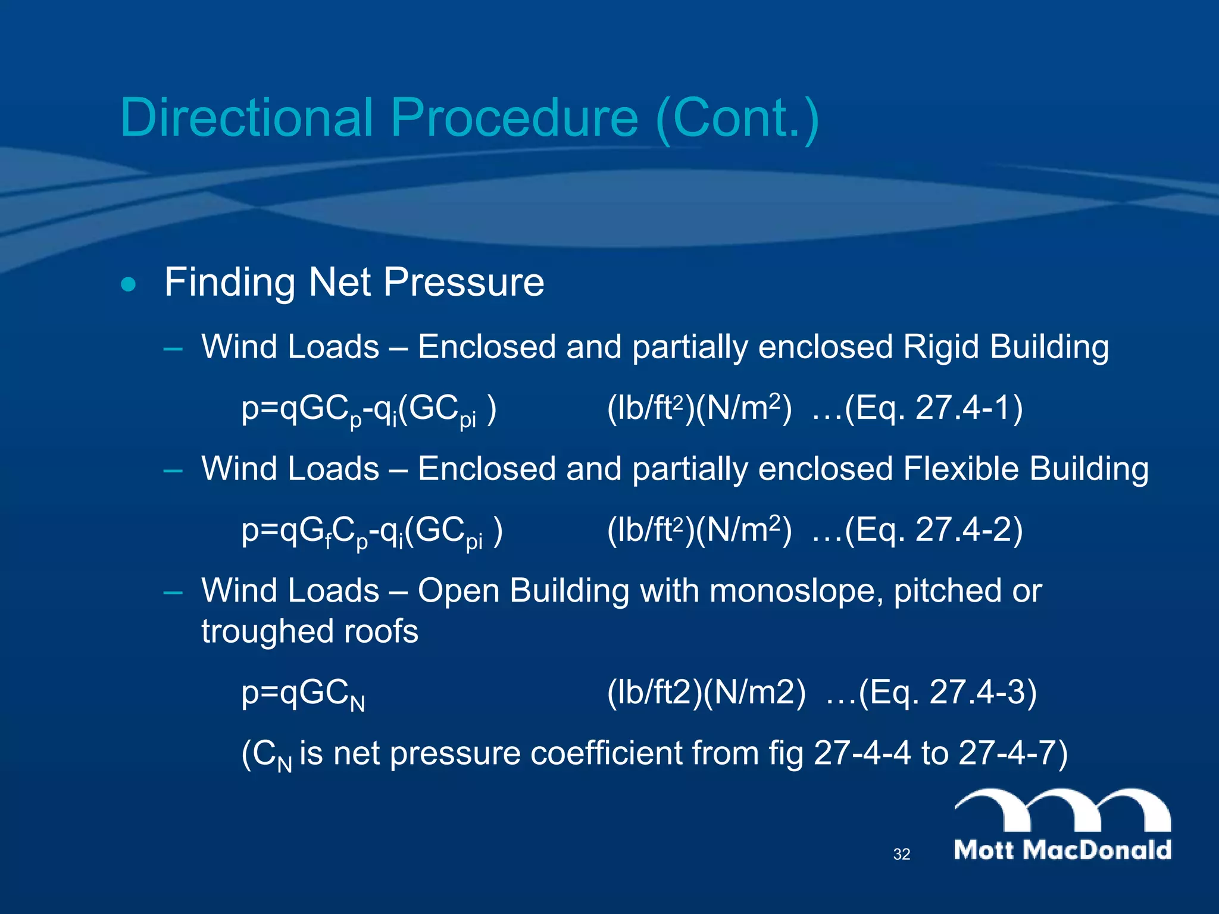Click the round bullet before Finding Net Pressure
pyautogui.click(x=128, y=284)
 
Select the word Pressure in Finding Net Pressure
pyautogui.click(x=464, y=282)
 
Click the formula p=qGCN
pyautogui.click(x=303, y=694)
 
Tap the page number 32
pyautogui.click(x=902, y=854)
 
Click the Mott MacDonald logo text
pyautogui.click(x=1062, y=850)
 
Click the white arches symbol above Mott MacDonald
pyautogui.click(x=1062, y=809)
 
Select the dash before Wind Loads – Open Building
pyautogui.click(x=173, y=592)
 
